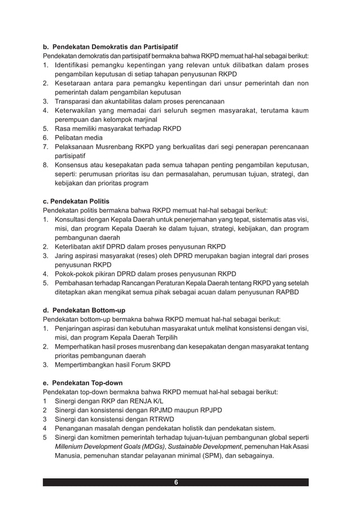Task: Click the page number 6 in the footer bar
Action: tap(176, 482)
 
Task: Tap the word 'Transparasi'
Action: tap(73, 101)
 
